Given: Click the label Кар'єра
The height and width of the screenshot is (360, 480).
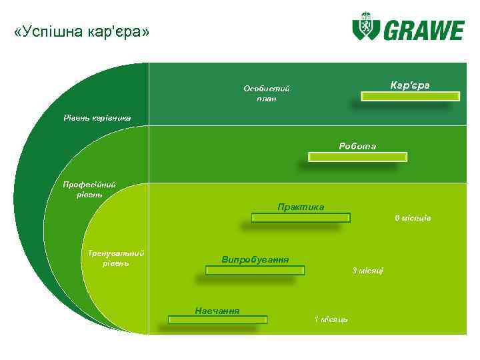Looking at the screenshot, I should point(410,85).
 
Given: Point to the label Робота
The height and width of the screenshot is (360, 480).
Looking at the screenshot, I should point(357,146).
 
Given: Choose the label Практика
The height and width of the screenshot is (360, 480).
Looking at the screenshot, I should point(301,207).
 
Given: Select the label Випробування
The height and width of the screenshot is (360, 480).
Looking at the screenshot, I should point(255,259).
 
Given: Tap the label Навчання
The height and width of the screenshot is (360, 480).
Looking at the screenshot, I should point(217,310).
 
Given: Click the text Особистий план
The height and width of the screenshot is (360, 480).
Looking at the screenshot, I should point(267,93).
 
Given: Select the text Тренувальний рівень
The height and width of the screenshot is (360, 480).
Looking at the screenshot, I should point(116,258).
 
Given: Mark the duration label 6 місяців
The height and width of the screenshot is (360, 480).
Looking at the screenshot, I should point(413,218).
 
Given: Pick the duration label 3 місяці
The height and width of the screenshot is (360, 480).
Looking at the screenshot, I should point(367,270).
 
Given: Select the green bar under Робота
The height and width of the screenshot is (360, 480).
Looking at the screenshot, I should point(357,157).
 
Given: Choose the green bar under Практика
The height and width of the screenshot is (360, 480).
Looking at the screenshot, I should point(301,217).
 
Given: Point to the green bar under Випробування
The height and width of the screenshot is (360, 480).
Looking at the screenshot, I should point(255,270).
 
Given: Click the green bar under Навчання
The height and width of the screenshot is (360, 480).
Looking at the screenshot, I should point(217,320).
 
